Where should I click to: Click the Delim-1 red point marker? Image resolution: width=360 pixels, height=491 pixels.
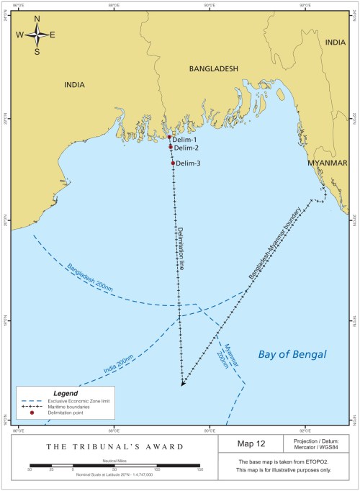point(169,137)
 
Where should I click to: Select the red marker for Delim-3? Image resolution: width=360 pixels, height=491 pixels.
point(173,163)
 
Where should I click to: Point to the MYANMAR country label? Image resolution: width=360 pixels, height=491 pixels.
point(327,163)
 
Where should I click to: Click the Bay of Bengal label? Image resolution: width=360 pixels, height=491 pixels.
point(292,354)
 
